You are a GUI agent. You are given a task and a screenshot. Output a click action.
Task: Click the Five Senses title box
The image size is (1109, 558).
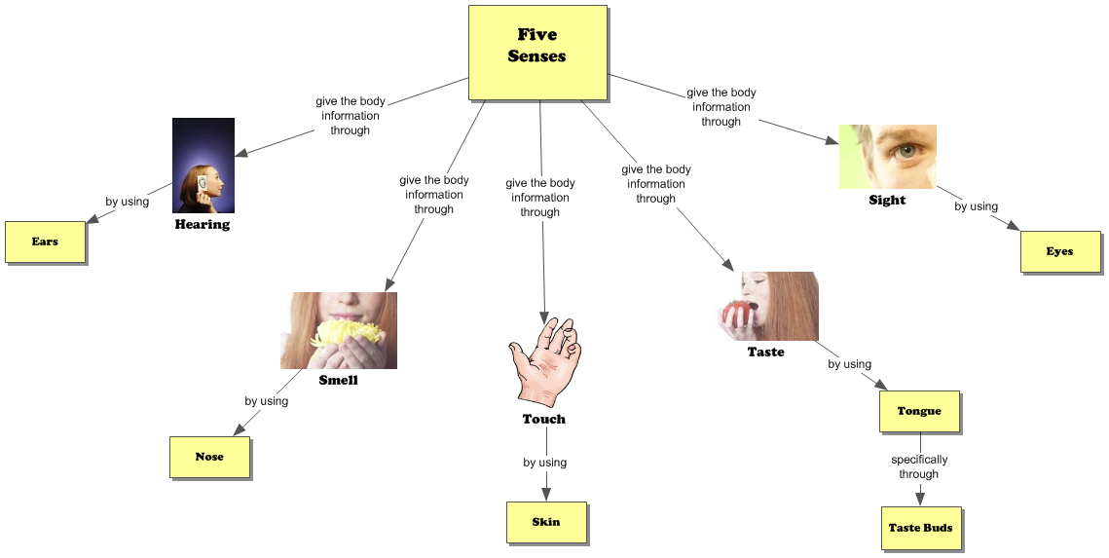(x=537, y=53)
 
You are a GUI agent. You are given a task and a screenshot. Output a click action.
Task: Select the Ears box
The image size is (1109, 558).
(x=45, y=242)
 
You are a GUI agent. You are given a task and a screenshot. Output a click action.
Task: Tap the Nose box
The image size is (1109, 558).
(x=209, y=457)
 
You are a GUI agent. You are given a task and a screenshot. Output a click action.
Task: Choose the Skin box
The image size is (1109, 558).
(x=546, y=522)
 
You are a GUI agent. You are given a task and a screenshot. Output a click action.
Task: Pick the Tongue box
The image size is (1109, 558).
(x=919, y=411)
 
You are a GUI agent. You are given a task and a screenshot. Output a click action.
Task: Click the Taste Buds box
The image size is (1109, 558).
(x=920, y=528)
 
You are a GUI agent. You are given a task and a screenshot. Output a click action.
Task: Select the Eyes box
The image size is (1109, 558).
(x=1059, y=251)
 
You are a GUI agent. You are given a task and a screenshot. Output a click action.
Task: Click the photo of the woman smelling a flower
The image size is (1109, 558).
(x=338, y=330)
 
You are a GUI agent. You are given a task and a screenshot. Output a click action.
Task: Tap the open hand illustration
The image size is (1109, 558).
(x=545, y=360)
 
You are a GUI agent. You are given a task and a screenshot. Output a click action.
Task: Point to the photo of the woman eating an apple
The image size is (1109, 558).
(x=765, y=306)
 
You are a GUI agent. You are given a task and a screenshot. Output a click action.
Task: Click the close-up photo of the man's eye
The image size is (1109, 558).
(x=887, y=156)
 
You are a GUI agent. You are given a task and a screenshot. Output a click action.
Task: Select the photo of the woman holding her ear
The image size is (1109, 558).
(x=203, y=166)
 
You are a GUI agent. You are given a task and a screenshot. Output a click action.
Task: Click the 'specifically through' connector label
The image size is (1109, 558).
(x=918, y=466)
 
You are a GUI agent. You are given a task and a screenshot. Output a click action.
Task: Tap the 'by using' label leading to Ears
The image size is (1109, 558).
(x=128, y=202)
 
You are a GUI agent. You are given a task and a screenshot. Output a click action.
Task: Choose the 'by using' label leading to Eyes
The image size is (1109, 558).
(x=976, y=206)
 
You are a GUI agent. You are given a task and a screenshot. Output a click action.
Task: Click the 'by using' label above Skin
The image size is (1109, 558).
(x=544, y=463)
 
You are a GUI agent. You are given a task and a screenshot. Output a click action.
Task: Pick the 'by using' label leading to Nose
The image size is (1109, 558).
(x=266, y=401)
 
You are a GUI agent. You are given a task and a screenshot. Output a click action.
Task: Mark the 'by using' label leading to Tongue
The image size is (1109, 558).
(x=849, y=364)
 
